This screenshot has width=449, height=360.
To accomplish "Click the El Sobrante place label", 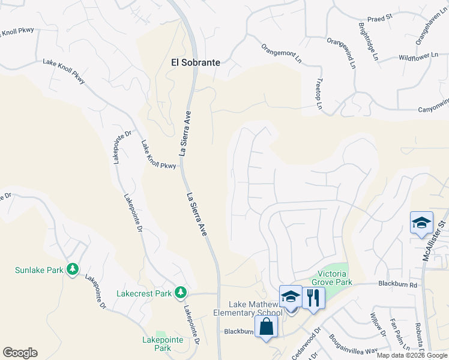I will [195, 62].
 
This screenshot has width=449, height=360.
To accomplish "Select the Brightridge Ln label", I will [368, 41].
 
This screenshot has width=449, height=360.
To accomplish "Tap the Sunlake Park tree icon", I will [73, 269].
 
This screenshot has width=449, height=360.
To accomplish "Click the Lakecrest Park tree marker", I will [180, 293].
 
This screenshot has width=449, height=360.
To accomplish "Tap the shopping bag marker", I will [266, 327].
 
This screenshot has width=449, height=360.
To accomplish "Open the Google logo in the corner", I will [20, 353].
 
